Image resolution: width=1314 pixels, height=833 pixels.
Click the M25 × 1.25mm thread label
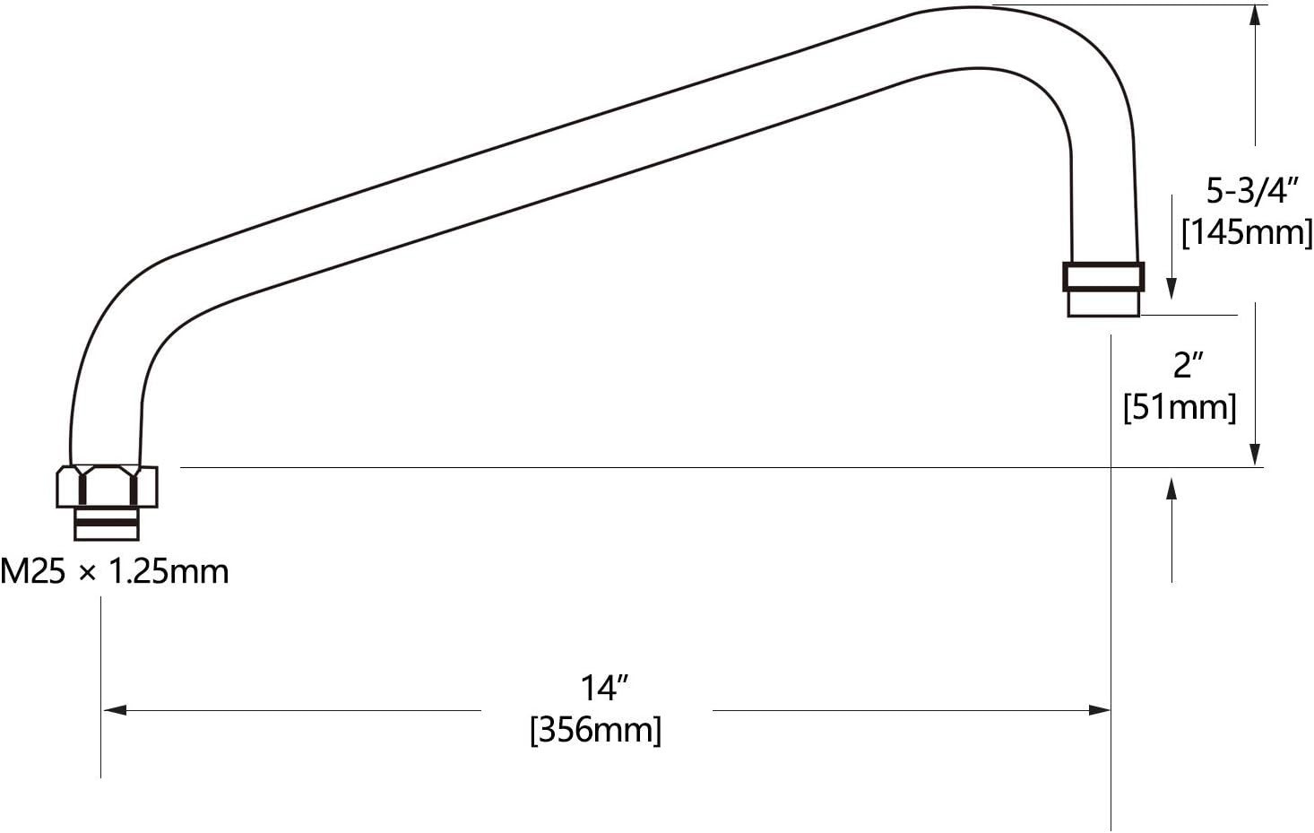click(x=115, y=572)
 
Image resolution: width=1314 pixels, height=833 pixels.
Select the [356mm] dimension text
click(x=595, y=731)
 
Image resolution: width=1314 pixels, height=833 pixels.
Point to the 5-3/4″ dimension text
click(x=1249, y=190)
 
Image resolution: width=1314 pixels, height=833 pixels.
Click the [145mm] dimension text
click(x=1247, y=233)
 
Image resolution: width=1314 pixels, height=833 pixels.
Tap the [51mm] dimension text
click(x=1180, y=407)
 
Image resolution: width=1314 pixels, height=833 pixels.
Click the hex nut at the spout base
click(x=107, y=487)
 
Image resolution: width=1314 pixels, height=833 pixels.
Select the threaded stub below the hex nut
click(x=106, y=524)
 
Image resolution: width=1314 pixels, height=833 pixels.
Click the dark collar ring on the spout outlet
click(x=1102, y=276)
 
